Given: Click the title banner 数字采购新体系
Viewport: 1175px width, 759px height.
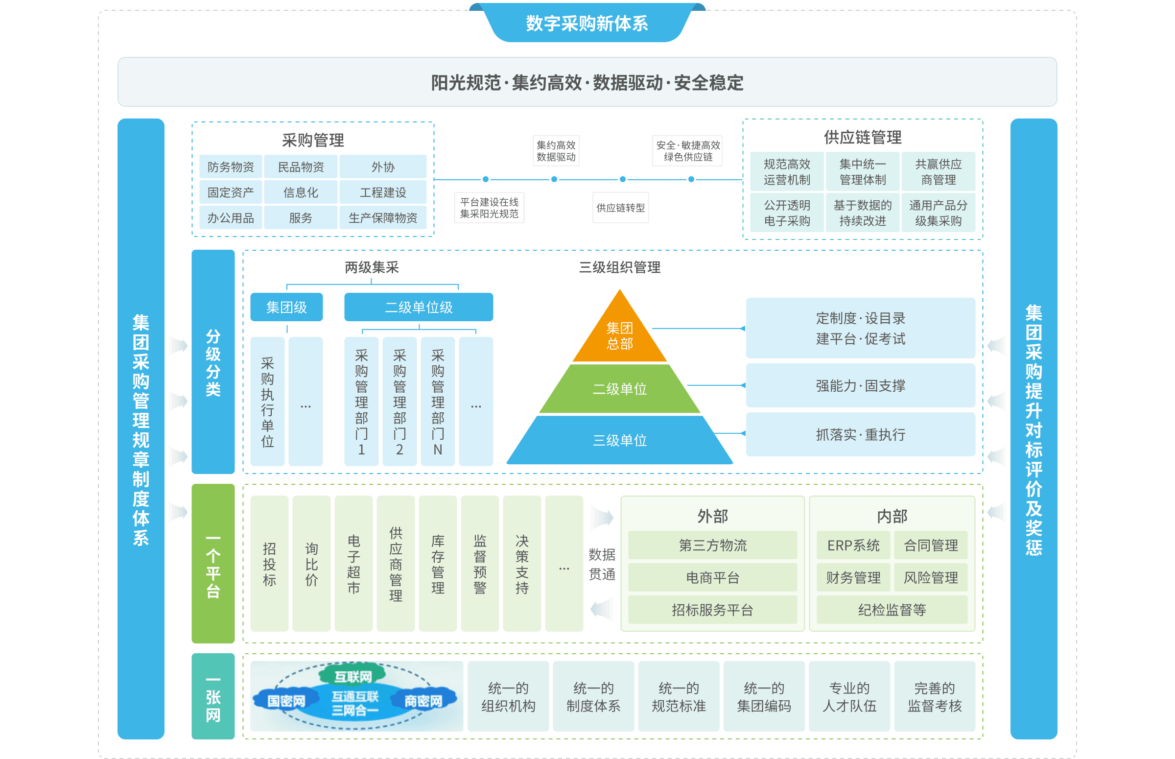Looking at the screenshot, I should (x=587, y=23).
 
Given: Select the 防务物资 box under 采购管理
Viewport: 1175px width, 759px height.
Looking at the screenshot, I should (x=231, y=166).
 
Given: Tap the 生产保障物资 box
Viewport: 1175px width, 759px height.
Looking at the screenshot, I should (x=383, y=218).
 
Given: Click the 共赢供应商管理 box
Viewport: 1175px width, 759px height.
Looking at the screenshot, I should (x=938, y=171).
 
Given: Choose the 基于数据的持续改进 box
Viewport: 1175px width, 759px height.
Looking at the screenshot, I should (x=862, y=213).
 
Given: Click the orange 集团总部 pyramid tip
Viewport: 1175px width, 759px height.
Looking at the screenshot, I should (x=619, y=335).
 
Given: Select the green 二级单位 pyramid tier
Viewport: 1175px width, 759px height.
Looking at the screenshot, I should (x=619, y=389).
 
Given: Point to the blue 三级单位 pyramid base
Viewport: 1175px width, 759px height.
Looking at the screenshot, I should (x=619, y=440).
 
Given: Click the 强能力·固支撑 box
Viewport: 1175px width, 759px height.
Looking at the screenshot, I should (x=860, y=385).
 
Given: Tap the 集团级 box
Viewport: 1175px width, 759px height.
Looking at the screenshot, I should (x=286, y=307).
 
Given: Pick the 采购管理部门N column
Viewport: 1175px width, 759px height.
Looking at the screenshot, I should (x=438, y=402).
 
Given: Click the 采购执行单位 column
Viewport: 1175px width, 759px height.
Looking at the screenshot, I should (x=267, y=402).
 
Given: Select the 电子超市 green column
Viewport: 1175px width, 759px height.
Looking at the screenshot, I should (x=353, y=563).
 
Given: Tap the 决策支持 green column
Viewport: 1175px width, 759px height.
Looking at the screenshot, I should (x=522, y=563).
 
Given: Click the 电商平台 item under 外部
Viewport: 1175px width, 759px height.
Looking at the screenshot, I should (x=712, y=577).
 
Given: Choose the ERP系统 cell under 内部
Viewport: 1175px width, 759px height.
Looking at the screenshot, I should (x=853, y=545).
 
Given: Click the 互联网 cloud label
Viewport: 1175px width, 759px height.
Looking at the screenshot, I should (x=353, y=676).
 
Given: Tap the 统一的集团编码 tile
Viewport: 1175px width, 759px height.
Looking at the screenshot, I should (x=764, y=696).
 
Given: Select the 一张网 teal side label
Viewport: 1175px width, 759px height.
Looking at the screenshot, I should (x=213, y=696).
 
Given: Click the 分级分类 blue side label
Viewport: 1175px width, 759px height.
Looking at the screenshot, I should (x=213, y=362).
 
